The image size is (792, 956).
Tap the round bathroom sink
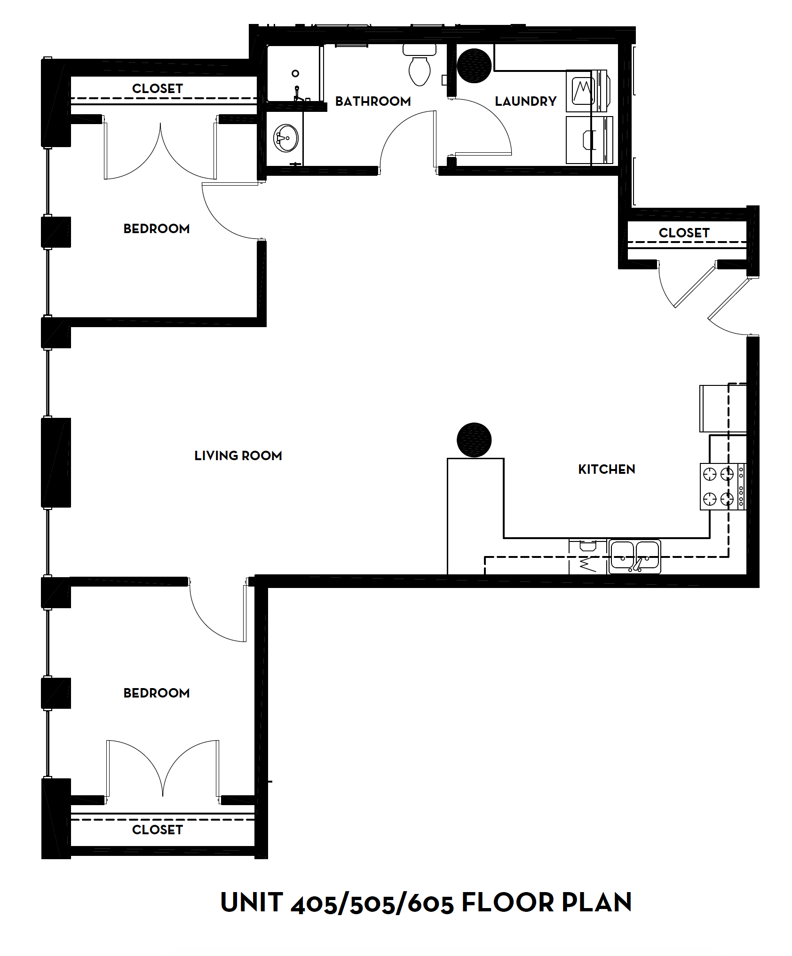pos(285,138)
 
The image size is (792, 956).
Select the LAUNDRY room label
pos(525,101)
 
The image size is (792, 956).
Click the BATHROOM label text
pos(373,101)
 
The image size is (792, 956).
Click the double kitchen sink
pos(634,556)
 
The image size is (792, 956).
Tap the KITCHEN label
pos(606,469)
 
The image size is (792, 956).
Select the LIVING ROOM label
pos(238,455)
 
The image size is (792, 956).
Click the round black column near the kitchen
pos(474,440)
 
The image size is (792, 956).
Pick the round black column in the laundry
pos(474,66)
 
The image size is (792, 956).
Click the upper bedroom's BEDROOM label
pos(156,229)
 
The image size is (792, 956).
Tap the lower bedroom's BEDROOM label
pos(156,693)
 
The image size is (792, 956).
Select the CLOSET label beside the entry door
pos(684,233)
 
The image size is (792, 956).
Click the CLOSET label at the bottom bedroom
pos(157,830)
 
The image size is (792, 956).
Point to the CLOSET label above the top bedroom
pos(157,88)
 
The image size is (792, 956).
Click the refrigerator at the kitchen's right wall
pos(722,408)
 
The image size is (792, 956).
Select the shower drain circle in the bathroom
pos(295,73)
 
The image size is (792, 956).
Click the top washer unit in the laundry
pos(586,91)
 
